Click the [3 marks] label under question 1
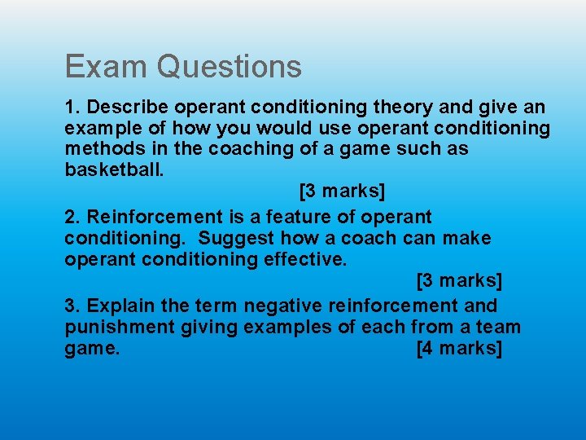click(342, 191)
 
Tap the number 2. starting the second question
click(72, 217)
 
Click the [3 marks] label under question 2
click(459, 281)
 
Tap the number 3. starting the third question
click(72, 306)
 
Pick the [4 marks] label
click(459, 349)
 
